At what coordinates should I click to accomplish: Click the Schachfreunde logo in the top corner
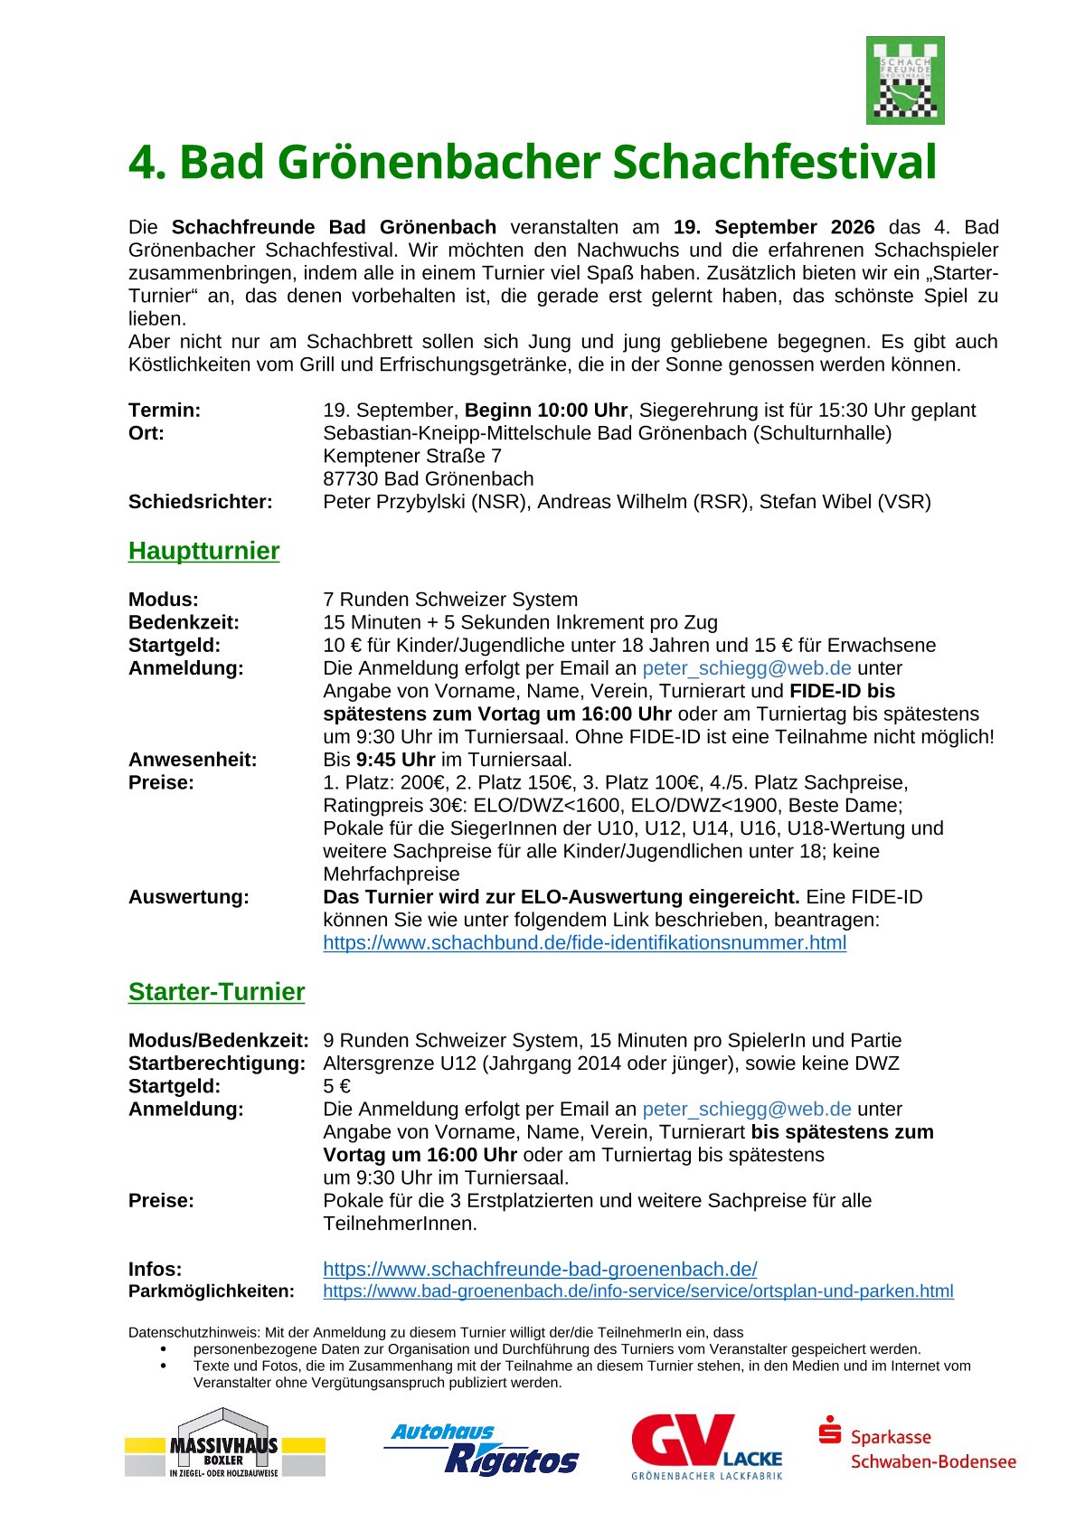tap(904, 80)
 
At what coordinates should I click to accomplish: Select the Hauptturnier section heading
tap(203, 551)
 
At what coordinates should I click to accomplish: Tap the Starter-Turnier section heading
tap(216, 992)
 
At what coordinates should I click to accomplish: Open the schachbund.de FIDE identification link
tap(584, 943)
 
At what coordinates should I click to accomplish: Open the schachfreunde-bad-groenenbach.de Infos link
tap(540, 1269)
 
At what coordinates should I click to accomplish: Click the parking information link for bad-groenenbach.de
tap(637, 1291)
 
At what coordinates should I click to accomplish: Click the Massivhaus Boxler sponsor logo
tap(224, 1444)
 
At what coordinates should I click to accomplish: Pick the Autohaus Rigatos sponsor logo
tap(481, 1449)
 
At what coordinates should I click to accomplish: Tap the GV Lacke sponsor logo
tap(706, 1445)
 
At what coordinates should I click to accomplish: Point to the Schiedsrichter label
tap(200, 502)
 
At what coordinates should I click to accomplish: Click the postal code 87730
tap(350, 479)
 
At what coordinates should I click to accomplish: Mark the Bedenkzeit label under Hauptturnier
tap(184, 622)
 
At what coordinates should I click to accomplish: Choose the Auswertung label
tap(188, 897)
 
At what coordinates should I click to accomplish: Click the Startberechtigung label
tap(216, 1064)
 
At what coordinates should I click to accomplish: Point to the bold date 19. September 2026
tap(774, 227)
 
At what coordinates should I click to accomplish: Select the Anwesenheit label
tap(192, 760)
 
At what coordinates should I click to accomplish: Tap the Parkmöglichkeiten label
tap(211, 1291)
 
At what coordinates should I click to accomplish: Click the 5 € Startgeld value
tap(336, 1086)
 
